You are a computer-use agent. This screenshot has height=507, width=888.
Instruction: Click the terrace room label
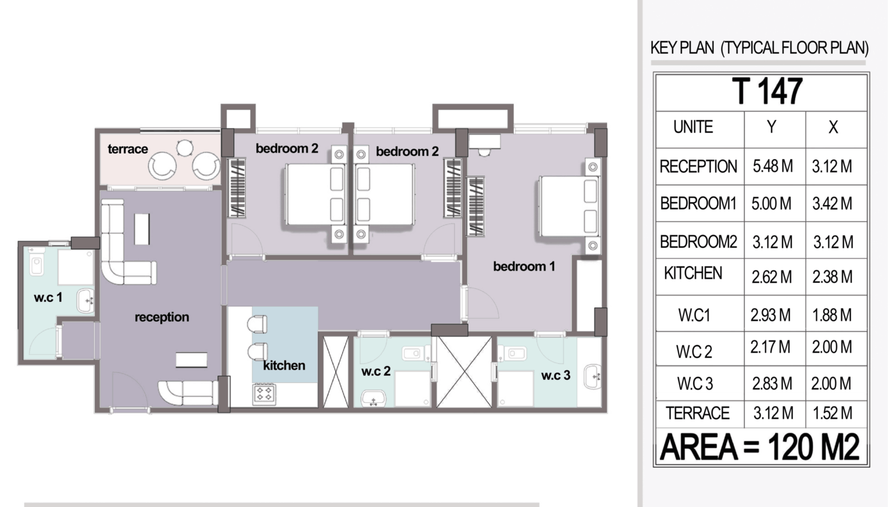tap(128, 149)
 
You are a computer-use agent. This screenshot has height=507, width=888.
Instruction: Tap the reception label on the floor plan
tap(162, 317)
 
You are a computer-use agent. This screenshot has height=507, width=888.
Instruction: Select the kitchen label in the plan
tap(284, 365)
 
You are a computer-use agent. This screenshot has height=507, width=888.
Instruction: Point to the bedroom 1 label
tap(524, 267)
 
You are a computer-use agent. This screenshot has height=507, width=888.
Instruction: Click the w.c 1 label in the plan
tap(48, 297)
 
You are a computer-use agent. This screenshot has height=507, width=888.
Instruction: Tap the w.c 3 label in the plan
tap(556, 375)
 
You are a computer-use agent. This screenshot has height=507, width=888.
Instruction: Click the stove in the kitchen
tap(264, 394)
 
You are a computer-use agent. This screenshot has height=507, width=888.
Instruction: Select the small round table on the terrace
tap(185, 148)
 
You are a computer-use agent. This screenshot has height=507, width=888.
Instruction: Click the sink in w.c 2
tap(373, 398)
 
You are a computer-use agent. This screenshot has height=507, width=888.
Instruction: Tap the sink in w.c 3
tap(592, 376)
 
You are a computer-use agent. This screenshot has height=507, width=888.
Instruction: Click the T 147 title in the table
tap(766, 92)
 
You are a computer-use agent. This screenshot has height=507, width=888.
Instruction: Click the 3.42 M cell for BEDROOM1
tap(832, 204)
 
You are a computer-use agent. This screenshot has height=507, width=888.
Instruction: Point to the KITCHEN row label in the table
tap(693, 273)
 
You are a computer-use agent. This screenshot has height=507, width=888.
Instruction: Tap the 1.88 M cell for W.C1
tap(832, 315)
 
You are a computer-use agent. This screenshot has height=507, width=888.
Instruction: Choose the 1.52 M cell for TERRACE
tap(833, 413)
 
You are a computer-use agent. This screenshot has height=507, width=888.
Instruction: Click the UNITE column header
tap(693, 127)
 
